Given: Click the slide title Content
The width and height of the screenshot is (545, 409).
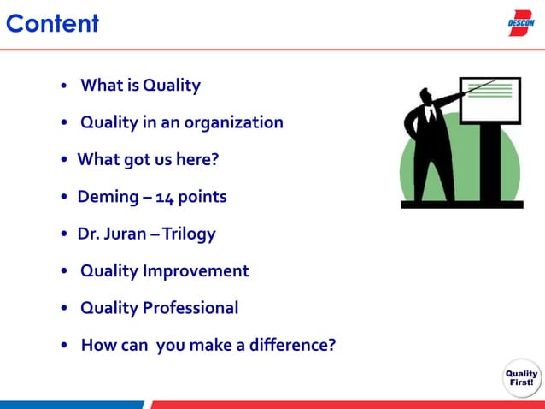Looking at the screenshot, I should (x=52, y=23).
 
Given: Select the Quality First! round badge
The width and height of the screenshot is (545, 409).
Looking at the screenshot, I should (x=521, y=378).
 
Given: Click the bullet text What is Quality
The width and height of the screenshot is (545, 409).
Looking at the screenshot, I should (x=140, y=86).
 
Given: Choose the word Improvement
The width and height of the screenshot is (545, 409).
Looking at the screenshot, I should (x=196, y=271).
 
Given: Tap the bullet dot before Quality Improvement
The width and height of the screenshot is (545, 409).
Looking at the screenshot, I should (x=66, y=272).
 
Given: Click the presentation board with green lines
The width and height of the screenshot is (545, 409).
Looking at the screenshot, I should (x=490, y=99).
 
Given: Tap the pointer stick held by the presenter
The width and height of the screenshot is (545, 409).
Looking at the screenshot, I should (x=475, y=87).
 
